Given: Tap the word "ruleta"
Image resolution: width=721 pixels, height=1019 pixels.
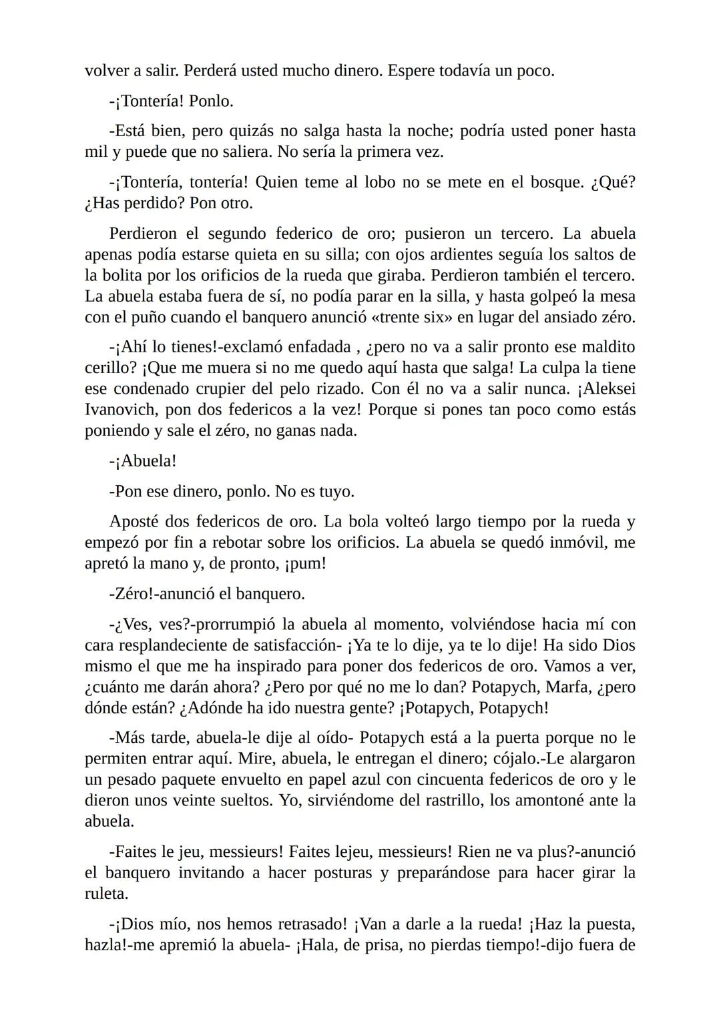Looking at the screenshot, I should pos(107,894).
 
